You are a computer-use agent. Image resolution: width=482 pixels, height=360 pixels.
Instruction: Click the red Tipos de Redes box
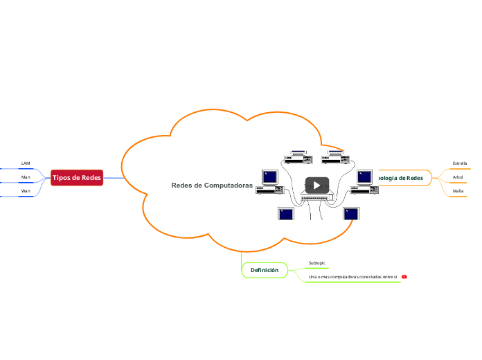tap(76, 178)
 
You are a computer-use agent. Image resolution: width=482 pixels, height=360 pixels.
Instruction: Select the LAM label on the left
tap(26, 163)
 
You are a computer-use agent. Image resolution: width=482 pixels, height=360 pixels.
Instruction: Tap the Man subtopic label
tap(26, 177)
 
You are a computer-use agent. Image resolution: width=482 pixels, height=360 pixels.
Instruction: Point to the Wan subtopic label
tap(26, 190)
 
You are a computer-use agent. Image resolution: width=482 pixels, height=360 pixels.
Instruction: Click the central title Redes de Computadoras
tap(212, 186)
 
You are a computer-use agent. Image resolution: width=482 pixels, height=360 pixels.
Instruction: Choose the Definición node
tap(265, 269)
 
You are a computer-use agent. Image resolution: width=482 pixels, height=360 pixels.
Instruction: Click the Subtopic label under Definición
tap(316, 263)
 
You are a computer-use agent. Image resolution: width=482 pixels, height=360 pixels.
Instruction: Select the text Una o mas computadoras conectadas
tap(352, 277)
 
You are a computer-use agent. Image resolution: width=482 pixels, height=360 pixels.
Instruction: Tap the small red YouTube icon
tap(404, 277)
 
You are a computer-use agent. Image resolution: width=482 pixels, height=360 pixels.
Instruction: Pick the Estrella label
tap(459, 163)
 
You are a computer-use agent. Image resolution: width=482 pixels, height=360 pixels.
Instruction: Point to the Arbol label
tap(458, 177)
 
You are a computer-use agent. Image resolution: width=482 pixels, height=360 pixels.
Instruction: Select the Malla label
tap(458, 190)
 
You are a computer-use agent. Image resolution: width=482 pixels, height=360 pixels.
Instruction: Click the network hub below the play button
tap(317, 198)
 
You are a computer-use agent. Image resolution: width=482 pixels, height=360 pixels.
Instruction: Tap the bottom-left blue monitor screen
tap(286, 213)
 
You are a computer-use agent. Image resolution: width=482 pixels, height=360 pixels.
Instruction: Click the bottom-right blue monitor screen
tap(351, 213)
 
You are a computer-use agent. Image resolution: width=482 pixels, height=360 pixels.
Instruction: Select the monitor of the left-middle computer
tap(270, 177)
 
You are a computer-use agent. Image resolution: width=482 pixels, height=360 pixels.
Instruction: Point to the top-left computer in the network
tap(298, 158)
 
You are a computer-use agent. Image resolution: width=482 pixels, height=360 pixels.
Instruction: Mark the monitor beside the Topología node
tap(365, 177)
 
